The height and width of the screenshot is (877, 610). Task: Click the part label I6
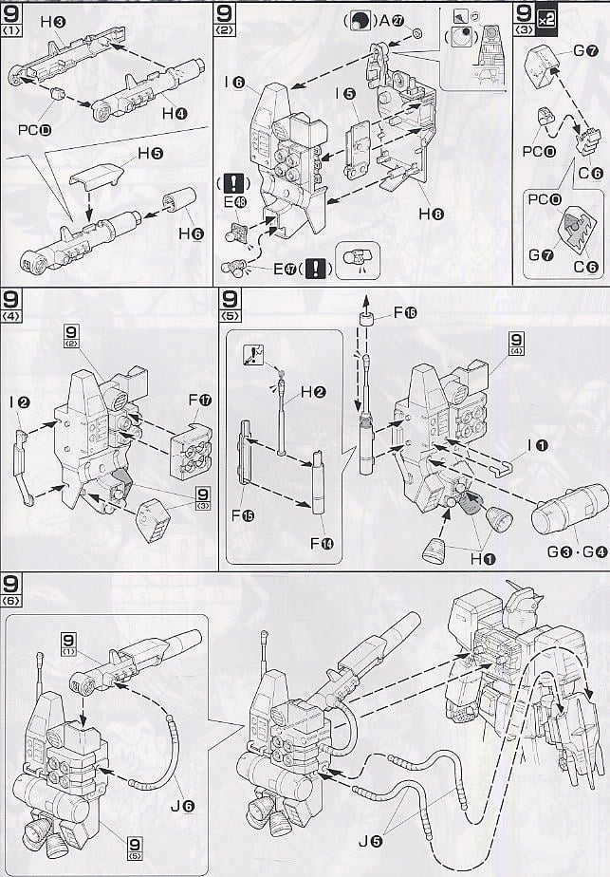235,84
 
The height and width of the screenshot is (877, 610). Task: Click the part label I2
23,401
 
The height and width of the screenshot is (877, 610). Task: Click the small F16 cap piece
364,315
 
